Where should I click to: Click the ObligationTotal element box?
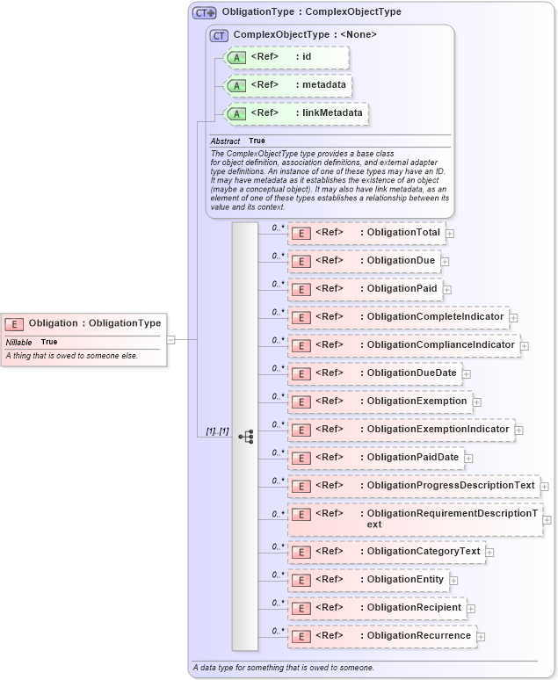point(366,233)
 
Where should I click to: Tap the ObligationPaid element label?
point(402,289)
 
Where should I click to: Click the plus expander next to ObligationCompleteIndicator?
point(514,317)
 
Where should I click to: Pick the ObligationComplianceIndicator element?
point(403,345)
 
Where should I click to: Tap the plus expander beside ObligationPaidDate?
point(469,458)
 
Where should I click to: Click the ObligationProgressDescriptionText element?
point(413,486)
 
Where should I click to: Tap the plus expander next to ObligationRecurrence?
point(481,636)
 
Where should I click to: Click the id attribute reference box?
point(287,57)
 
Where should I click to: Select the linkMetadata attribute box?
point(296,113)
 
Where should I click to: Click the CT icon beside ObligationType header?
point(205,12)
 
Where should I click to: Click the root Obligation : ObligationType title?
point(94,323)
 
